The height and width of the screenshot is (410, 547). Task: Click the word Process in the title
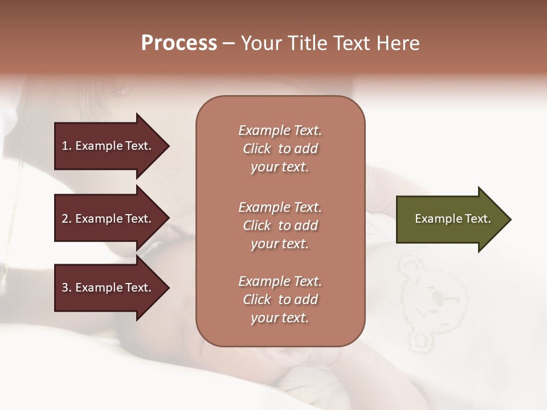tap(179, 43)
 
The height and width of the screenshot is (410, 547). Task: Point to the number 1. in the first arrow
tap(67, 146)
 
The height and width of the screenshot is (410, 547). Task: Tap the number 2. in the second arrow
tap(67, 219)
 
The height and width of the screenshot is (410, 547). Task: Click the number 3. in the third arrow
tap(67, 288)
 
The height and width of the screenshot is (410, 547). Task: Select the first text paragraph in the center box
tap(280, 149)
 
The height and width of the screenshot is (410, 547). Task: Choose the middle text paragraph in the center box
tap(280, 225)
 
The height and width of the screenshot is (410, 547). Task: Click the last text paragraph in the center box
tap(280, 300)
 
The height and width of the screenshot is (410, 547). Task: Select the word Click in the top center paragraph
tap(257, 149)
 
